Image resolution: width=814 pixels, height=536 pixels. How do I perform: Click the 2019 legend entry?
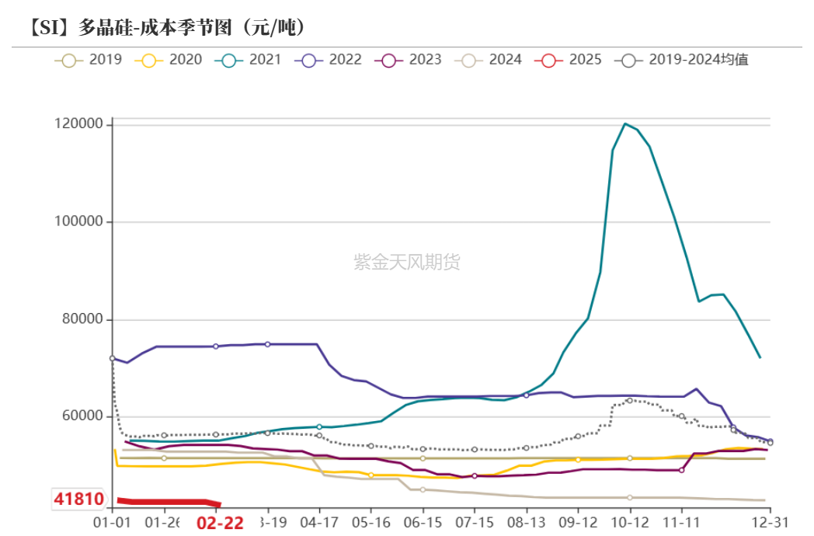(x=89, y=59)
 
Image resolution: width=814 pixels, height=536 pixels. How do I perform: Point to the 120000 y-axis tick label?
(x=79, y=124)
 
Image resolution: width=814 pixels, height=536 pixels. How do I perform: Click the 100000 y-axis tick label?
(x=79, y=222)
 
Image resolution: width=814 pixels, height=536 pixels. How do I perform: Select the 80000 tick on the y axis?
(x=83, y=320)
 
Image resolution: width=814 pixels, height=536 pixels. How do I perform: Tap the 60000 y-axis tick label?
(x=83, y=417)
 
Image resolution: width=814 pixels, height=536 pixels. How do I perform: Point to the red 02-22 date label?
(x=220, y=523)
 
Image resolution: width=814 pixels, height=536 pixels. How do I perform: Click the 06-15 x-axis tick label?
(x=423, y=522)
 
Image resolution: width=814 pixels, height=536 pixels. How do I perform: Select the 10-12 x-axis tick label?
(x=629, y=522)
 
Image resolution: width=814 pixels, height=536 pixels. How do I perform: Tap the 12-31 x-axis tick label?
(x=769, y=522)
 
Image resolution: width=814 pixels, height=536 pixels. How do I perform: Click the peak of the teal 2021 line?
(x=625, y=124)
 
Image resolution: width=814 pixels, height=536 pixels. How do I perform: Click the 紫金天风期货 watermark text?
(x=407, y=263)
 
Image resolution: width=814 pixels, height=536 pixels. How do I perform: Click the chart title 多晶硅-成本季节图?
(x=167, y=28)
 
